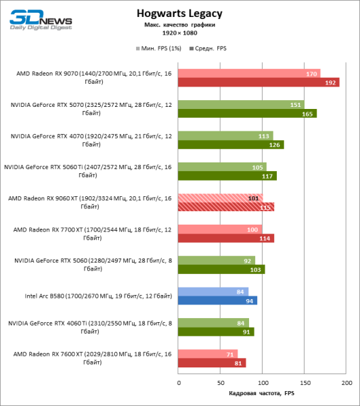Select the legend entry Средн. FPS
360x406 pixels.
coord(209,49)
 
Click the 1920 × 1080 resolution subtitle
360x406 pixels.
coord(179,32)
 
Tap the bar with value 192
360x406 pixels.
coord(258,83)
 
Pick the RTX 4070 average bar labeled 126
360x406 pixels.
coord(231,145)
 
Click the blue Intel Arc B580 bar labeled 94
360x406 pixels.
coord(217,300)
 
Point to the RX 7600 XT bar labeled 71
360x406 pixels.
coord(208,353)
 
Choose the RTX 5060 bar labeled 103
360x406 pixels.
coord(221,269)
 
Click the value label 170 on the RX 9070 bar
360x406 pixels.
coord(312,73)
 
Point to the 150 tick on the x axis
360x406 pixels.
coord(305,382)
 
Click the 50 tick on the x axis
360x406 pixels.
coord(220,382)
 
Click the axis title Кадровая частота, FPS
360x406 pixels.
coord(262,393)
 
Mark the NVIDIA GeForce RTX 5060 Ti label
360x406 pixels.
coord(88,171)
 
